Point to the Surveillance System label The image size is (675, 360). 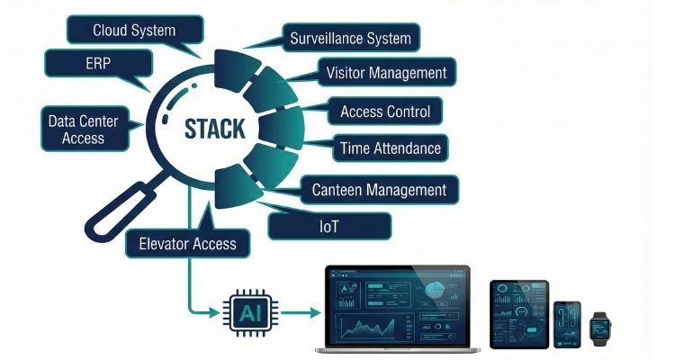pos(350,39)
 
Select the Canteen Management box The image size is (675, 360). pos(379,190)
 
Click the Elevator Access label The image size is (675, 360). pos(188,242)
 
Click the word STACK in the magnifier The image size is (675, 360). pos(214,128)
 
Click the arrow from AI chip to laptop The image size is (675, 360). pos(297,312)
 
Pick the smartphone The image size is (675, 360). pos(566,323)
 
